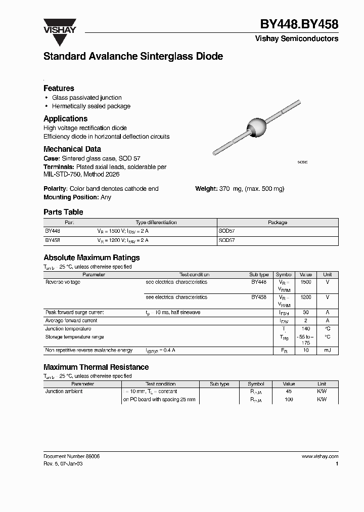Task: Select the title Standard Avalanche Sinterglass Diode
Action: [x=133, y=57]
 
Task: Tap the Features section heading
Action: [x=59, y=88]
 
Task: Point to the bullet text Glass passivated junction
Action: [x=86, y=98]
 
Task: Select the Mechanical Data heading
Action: [x=72, y=149]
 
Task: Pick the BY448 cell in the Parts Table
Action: [x=53, y=230]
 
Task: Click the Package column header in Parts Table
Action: [x=277, y=222]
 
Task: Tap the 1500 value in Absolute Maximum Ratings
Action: [x=305, y=282]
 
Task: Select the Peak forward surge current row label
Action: [x=74, y=313]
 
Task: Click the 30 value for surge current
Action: [x=305, y=313]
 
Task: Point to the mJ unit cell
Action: [x=327, y=350]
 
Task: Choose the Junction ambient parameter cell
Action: [x=64, y=392]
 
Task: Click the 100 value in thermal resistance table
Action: [x=289, y=400]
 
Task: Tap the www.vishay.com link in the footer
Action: [x=320, y=456]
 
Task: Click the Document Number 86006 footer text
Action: [x=71, y=456]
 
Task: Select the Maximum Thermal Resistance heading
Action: [x=96, y=367]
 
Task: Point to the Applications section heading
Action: [x=65, y=118]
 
